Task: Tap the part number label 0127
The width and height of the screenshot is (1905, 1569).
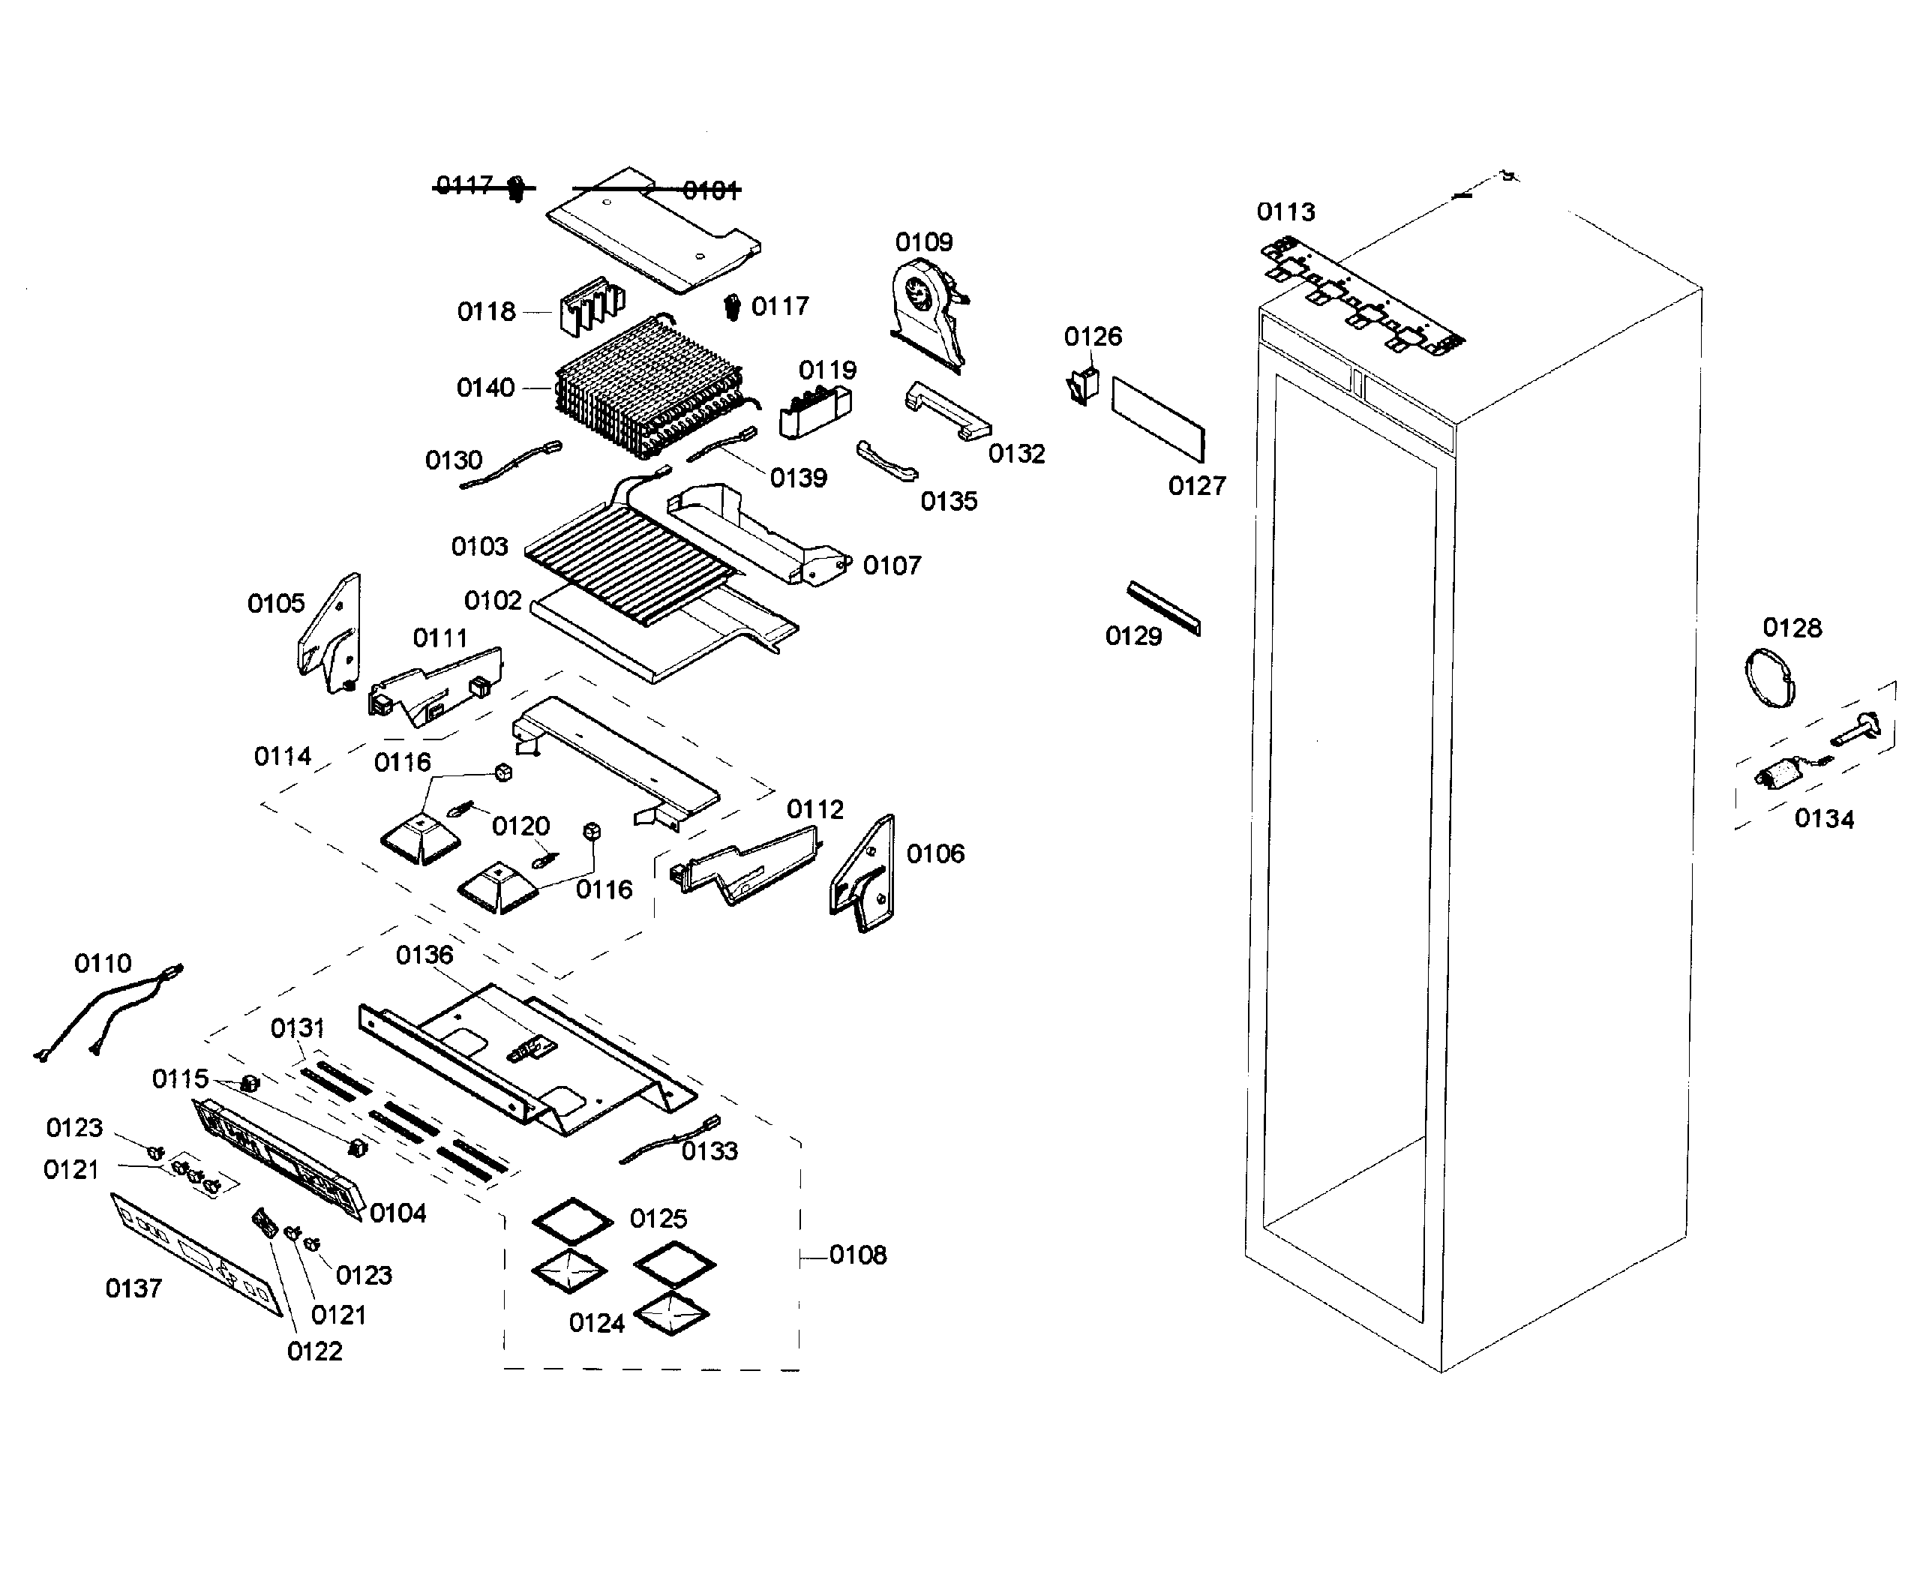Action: [1196, 486]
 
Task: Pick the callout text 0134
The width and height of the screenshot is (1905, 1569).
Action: [1824, 819]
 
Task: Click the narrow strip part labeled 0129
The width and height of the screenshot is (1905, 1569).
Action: [1164, 607]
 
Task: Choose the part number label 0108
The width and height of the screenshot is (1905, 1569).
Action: [857, 1255]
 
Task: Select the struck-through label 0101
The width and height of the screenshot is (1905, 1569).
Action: [711, 190]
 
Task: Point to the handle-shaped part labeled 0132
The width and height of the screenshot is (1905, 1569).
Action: [947, 410]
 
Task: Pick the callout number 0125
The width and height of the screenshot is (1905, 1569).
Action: [658, 1218]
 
